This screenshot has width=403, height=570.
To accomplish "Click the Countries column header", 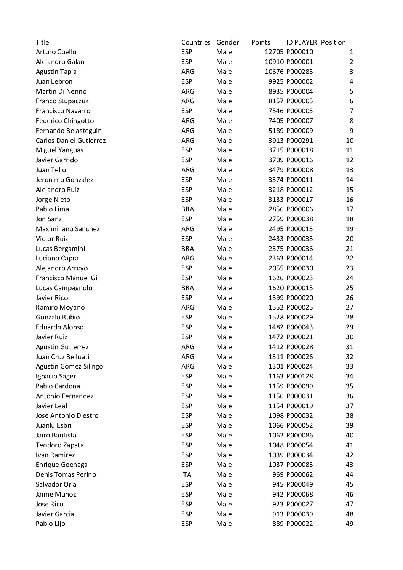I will (x=196, y=42).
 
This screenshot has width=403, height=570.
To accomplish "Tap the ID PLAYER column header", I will (x=301, y=42).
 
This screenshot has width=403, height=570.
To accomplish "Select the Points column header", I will (x=261, y=42).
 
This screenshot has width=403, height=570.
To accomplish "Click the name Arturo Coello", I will (x=56, y=52).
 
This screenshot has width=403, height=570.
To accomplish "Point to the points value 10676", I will (x=274, y=72).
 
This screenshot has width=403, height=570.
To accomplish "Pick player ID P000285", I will (x=300, y=72).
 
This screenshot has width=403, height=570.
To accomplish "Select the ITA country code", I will (x=186, y=474).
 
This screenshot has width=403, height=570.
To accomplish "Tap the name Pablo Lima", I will (x=52, y=209).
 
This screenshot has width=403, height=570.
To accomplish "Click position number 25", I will (x=349, y=288).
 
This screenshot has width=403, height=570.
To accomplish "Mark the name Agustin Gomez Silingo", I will (x=69, y=366).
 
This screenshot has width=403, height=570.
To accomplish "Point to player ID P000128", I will (x=300, y=376).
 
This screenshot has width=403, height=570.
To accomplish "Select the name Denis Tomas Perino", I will (x=66, y=474).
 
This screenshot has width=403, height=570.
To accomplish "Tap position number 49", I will (x=349, y=524).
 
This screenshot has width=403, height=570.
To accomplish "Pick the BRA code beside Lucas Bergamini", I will (x=187, y=249).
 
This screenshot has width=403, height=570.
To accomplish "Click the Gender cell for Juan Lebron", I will (x=224, y=81).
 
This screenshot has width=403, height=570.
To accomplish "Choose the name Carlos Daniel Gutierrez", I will (x=71, y=141).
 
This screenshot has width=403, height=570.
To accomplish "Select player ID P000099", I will (x=300, y=386).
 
